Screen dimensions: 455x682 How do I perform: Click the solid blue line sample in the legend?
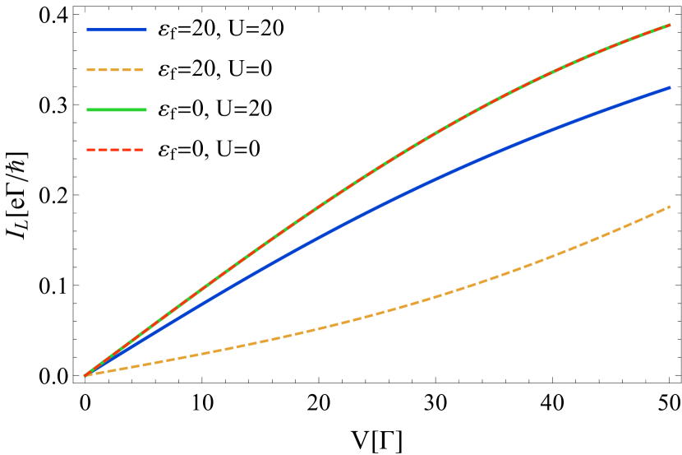[117, 30]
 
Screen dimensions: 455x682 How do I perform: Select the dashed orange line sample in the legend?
[115, 70]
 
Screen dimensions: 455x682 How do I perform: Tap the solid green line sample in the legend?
[117, 109]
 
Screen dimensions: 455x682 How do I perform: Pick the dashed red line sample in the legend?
[115, 150]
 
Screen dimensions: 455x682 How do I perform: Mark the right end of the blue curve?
[670, 87]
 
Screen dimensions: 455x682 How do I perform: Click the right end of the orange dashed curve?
[670, 207]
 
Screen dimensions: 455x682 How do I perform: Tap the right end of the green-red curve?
[670, 26]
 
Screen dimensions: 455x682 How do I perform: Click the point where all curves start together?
[85, 375]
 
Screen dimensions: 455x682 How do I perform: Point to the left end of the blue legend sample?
[88, 30]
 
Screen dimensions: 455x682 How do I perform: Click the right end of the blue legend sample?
[145, 30]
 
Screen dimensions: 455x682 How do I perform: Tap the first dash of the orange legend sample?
[90, 70]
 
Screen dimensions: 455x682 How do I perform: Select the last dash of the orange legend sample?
[139, 70]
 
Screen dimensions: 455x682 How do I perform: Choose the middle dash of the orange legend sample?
[115, 70]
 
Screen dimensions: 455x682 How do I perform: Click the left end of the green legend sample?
[88, 109]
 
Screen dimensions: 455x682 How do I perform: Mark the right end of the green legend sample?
[145, 109]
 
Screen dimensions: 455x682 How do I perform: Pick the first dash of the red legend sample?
[90, 150]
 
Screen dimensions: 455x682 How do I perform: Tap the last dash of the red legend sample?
[139, 150]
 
